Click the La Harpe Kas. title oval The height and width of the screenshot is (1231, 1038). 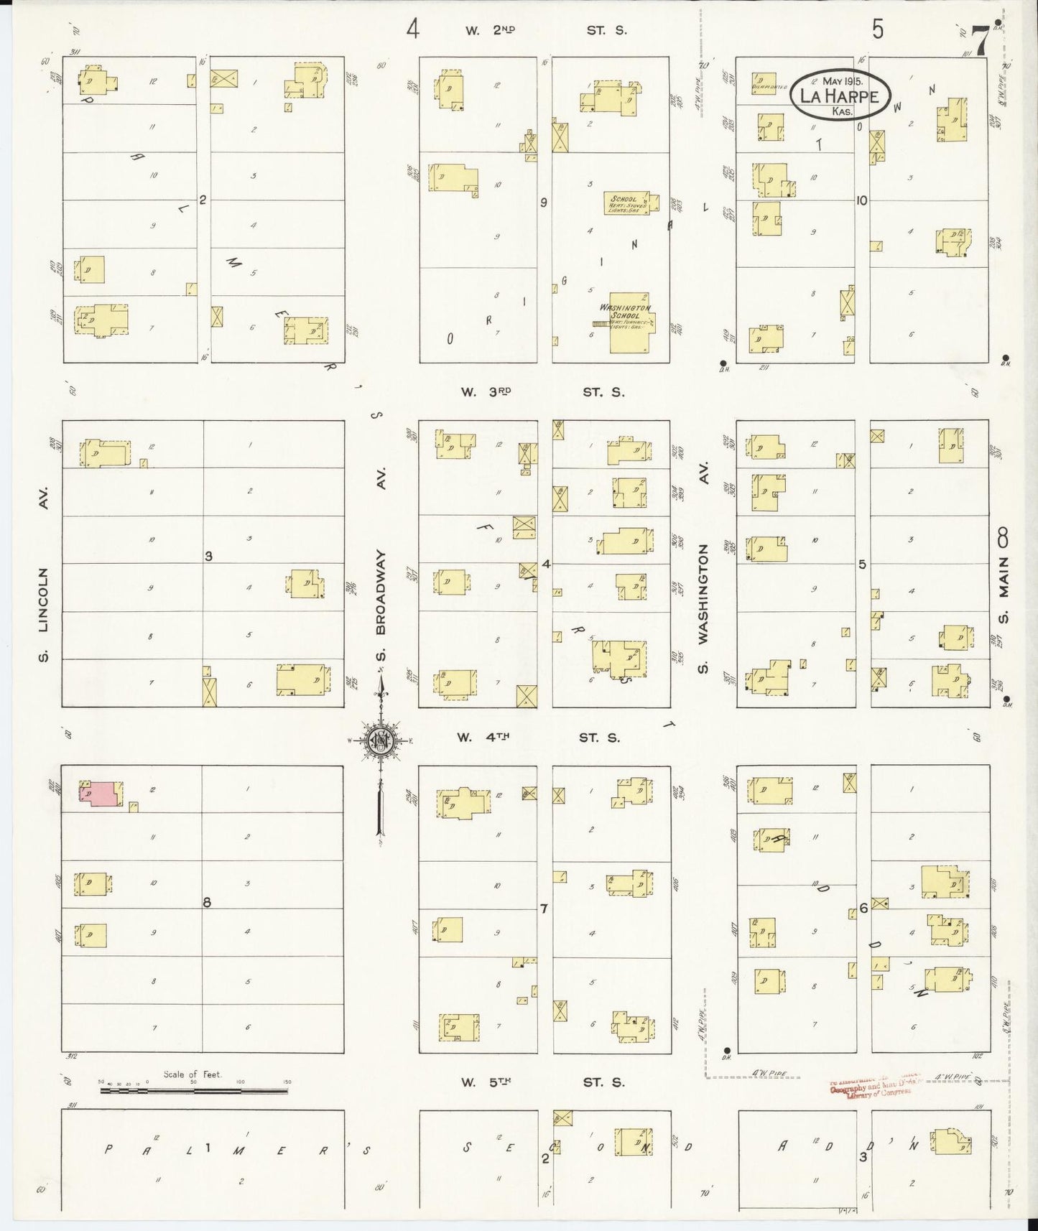[840, 94]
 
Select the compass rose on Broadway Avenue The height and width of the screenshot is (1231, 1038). [379, 741]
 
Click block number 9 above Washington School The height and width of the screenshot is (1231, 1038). [544, 203]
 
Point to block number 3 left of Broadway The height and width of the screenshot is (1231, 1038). [208, 556]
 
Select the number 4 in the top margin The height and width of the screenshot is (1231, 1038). [412, 29]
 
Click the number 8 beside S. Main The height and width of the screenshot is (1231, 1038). [1004, 536]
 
